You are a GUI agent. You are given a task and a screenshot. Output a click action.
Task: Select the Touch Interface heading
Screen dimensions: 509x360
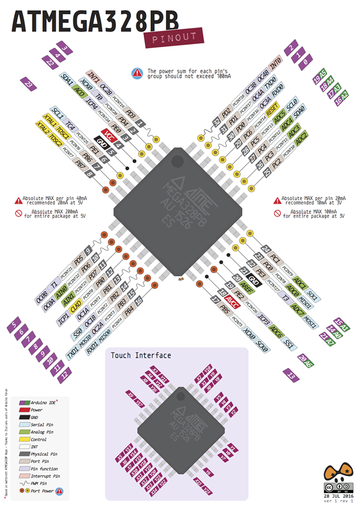141,355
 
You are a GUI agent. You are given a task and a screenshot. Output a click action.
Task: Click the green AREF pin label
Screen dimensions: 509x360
247,287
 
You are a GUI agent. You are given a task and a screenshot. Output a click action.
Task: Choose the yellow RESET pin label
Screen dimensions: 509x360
272,112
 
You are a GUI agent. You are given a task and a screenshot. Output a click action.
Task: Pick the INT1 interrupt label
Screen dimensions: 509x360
93,75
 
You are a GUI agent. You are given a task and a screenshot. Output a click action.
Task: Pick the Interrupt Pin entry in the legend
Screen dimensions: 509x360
45,476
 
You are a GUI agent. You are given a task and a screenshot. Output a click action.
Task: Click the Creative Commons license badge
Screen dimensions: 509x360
337,487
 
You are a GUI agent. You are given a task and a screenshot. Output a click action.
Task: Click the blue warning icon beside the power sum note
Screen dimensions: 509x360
137,73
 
